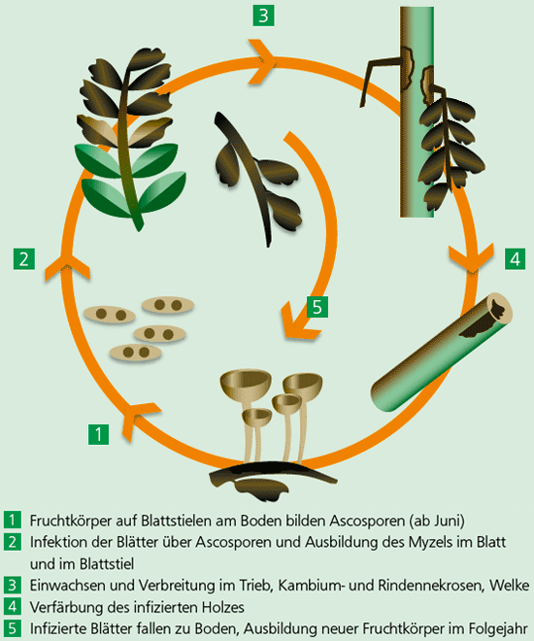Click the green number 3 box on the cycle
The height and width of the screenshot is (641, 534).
click(263, 16)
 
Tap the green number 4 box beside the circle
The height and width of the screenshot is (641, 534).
click(516, 259)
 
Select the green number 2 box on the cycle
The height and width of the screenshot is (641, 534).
click(24, 259)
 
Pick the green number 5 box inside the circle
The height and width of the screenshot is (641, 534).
click(317, 307)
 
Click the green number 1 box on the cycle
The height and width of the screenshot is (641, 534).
click(98, 434)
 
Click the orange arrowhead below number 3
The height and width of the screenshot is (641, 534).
click(261, 61)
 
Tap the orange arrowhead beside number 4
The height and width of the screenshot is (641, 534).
click(472, 259)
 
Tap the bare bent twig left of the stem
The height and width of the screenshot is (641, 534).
click(378, 76)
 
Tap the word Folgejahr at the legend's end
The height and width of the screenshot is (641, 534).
click(498, 628)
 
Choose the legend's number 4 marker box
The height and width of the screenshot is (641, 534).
click(13, 607)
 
